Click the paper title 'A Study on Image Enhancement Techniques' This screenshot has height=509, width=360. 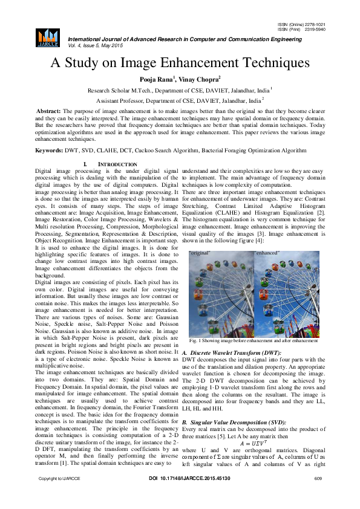coord(180,62)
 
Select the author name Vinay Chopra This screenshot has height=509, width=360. coord(199,79)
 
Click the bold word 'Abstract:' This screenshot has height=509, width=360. coord(48,112)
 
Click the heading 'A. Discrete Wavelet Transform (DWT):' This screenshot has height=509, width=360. coord(232,352)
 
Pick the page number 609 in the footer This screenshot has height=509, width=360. coord(318,496)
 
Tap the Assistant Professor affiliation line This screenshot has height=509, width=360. coord(180,101)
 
